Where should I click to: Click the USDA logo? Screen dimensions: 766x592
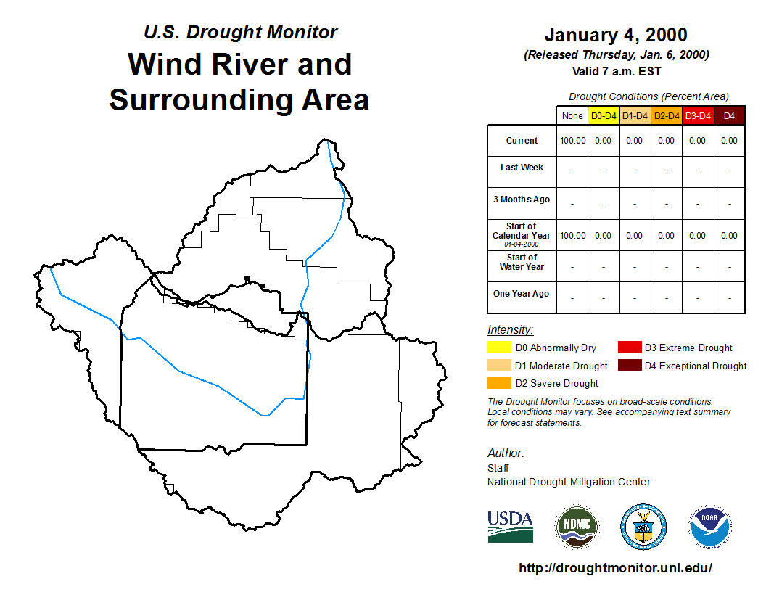pyautogui.click(x=510, y=527)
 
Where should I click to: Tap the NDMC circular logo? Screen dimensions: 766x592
pyautogui.click(x=577, y=527)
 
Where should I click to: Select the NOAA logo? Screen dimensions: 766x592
pyautogui.click(x=710, y=527)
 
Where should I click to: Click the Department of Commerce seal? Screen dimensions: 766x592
pyautogui.click(x=643, y=527)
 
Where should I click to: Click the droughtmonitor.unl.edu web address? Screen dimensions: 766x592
pyautogui.click(x=616, y=568)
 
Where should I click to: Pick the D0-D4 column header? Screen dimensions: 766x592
pyautogui.click(x=604, y=116)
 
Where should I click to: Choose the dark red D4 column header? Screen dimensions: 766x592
pyautogui.click(x=729, y=116)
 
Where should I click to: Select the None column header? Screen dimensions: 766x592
pyautogui.click(x=572, y=116)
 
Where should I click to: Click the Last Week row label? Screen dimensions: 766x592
pyautogui.click(x=522, y=168)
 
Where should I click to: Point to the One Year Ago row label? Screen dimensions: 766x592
pyautogui.click(x=522, y=294)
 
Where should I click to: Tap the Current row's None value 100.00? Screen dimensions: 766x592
pyautogui.click(x=572, y=141)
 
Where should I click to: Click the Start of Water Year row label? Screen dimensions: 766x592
pyautogui.click(x=522, y=263)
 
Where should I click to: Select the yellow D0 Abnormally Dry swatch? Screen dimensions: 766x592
pyautogui.click(x=499, y=348)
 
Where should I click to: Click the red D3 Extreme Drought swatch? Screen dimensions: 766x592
pyautogui.click(x=630, y=348)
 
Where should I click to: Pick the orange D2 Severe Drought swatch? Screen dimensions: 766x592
pyautogui.click(x=499, y=383)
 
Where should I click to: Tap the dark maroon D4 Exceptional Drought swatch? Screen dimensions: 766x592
pyautogui.click(x=630, y=365)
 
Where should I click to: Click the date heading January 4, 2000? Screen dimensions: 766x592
pyautogui.click(x=616, y=35)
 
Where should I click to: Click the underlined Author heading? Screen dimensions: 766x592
pyautogui.click(x=506, y=453)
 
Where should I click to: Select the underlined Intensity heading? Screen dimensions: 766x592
pyautogui.click(x=510, y=329)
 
